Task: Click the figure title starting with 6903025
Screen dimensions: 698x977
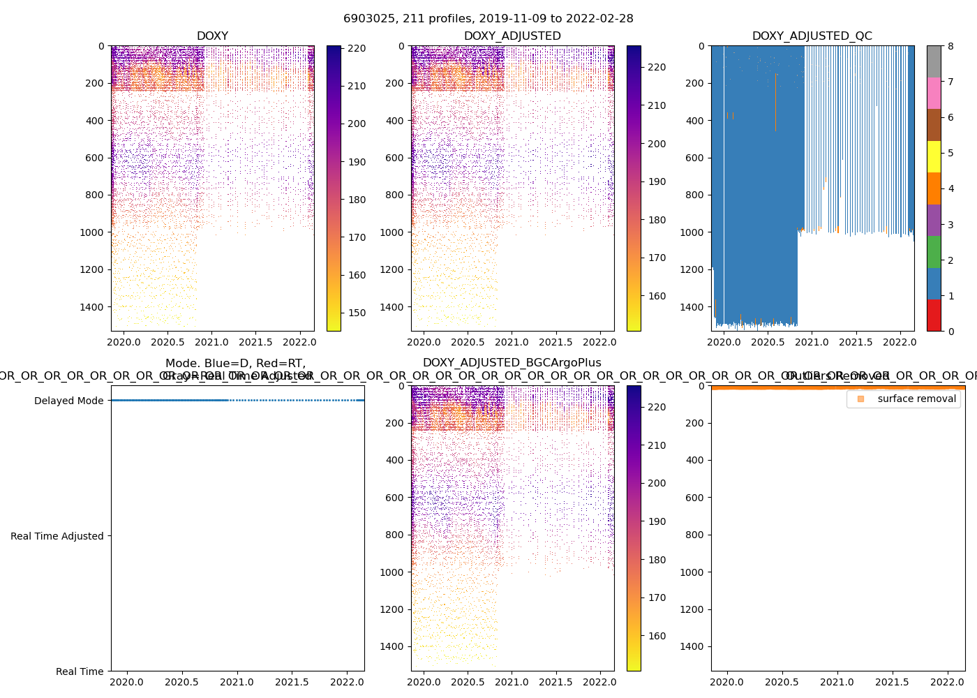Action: (488, 19)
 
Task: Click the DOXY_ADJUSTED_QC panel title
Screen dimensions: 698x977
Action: (812, 36)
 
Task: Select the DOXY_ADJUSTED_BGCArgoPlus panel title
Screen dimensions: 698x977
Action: (512, 363)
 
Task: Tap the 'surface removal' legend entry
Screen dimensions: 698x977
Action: (916, 399)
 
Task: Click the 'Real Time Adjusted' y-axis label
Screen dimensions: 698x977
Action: (57, 536)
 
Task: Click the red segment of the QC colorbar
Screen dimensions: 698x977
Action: (934, 315)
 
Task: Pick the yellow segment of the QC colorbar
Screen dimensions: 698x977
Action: (934, 157)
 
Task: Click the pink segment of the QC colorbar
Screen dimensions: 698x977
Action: (934, 94)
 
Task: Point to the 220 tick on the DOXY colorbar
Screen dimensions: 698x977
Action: (357, 48)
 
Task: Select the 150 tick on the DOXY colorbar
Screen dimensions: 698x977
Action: (357, 313)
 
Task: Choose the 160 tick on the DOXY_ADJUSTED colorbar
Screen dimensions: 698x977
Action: (657, 296)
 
